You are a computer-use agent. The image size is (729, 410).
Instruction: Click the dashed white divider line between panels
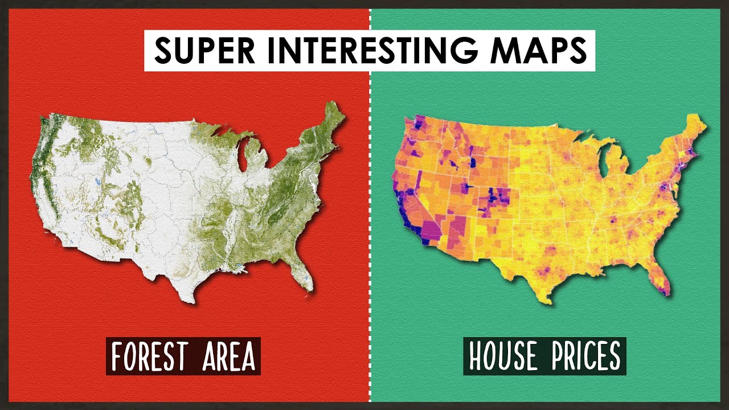coord(370,228)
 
